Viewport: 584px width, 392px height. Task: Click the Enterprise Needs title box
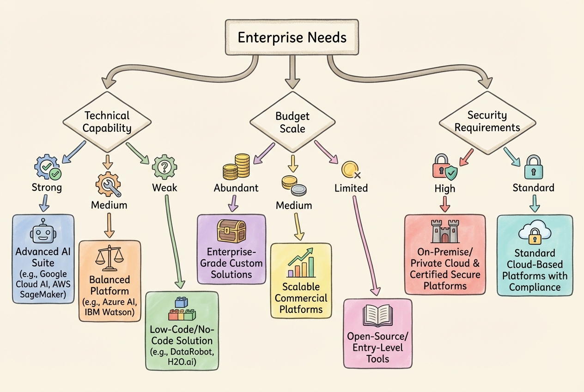[292, 37]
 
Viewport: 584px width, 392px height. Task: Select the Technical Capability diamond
[107, 122]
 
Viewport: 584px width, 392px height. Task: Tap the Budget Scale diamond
[292, 122]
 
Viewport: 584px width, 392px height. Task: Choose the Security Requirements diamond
[487, 121]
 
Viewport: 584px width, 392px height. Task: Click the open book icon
[377, 317]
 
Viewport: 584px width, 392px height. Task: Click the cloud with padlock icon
[535, 233]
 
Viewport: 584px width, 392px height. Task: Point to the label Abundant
[236, 188]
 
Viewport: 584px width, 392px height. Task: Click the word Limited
[351, 188]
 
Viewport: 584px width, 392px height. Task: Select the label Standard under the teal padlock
[534, 188]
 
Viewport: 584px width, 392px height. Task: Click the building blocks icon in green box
[181, 310]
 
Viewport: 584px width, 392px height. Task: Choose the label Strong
[47, 188]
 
